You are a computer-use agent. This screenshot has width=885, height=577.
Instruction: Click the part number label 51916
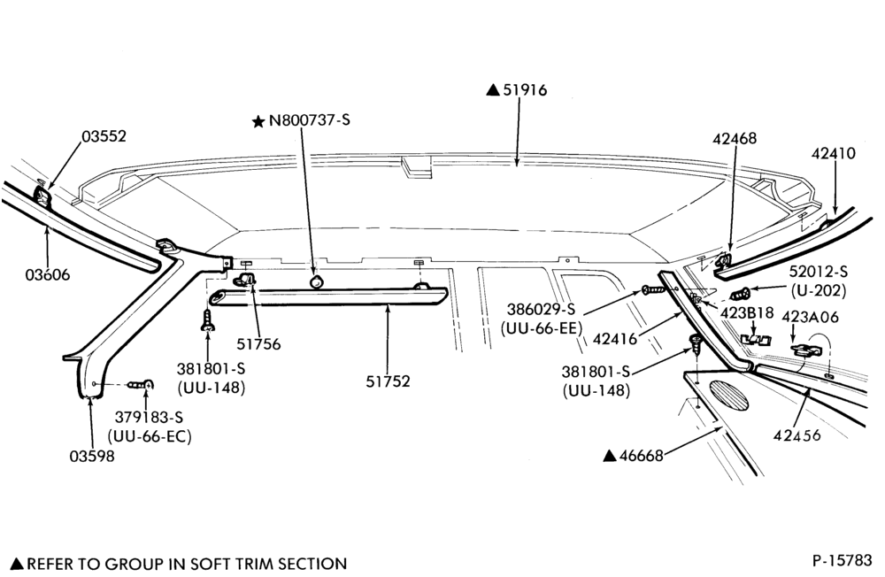point(525,89)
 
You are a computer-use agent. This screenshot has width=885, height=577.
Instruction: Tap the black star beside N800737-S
point(258,121)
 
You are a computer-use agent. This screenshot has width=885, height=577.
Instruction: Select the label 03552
point(104,136)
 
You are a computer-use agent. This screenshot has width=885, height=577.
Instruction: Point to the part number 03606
point(48,275)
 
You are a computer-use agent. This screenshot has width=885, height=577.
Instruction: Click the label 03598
point(92,456)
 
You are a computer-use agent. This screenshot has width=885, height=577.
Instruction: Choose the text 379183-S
point(150,417)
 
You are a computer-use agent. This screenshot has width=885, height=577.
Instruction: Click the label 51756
point(258,344)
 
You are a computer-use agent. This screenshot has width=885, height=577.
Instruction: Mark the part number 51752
point(388,381)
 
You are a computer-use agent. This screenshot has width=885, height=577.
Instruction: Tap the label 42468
point(735,138)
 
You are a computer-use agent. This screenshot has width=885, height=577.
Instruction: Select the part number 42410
point(834,153)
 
